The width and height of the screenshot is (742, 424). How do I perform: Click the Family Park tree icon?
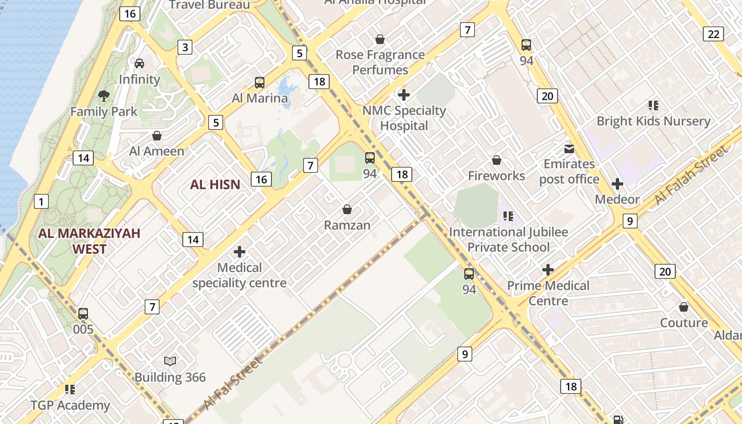(104, 96)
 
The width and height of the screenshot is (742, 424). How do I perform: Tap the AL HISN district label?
(215, 184)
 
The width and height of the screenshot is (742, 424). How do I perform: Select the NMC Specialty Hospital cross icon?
(404, 95)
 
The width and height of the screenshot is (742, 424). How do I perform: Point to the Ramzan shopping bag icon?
(347, 210)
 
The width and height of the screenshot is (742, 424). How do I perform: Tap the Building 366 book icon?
(170, 361)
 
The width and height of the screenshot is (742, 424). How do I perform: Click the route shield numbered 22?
(713, 34)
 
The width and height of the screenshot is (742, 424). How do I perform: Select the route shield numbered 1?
(41, 201)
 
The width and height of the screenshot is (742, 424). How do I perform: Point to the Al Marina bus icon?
(260, 83)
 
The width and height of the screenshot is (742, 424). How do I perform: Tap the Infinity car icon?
(139, 64)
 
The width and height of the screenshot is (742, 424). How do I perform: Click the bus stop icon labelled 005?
(83, 313)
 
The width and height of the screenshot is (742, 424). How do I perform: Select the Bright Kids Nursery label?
(653, 121)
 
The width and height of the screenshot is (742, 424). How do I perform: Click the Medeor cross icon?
(617, 184)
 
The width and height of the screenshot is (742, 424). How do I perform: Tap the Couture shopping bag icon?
(684, 307)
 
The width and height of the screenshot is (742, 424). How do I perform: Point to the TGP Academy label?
(70, 405)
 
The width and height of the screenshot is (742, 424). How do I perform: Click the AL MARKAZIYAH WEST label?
(89, 241)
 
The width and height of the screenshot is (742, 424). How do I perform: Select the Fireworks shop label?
(496, 175)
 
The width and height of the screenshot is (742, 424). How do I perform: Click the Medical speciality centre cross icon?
(240, 252)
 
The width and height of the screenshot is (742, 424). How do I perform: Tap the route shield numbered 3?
(184, 47)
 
